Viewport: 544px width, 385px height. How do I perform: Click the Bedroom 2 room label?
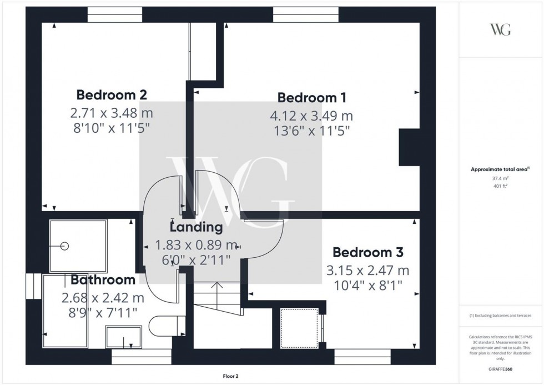112,94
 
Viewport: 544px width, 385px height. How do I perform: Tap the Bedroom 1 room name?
312,98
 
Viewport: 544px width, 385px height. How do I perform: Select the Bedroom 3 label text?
367,252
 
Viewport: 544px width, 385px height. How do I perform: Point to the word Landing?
196,227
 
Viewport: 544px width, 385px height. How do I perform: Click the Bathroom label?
103,280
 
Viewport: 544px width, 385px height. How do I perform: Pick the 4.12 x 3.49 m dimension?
311,116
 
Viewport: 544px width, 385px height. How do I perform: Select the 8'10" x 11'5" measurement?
111,127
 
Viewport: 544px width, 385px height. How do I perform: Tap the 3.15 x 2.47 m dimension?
367,271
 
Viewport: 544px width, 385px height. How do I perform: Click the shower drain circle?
65,246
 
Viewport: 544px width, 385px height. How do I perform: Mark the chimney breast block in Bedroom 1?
409,147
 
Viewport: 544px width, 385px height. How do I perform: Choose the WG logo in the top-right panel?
500,29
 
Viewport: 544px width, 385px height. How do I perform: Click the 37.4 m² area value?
501,178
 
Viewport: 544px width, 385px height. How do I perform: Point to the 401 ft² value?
501,187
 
